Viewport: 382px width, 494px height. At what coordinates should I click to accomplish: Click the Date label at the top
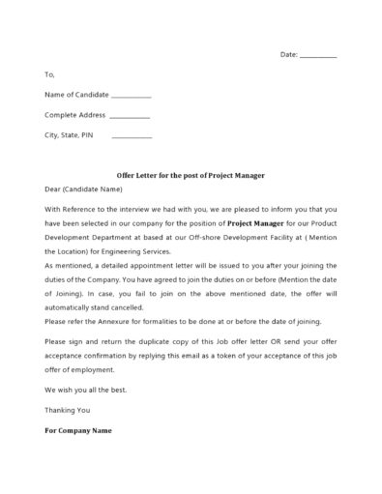pos(289,55)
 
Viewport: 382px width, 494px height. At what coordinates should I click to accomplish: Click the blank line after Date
pos(319,57)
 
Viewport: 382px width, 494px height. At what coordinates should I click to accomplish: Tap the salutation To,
pos(50,74)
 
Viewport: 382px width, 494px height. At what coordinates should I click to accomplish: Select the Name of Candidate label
pos(76,95)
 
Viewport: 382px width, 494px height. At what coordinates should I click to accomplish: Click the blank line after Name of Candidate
pos(131,97)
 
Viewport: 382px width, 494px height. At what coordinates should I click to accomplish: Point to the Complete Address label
pos(74,115)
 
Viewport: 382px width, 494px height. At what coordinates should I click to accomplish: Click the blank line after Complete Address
pos(130,117)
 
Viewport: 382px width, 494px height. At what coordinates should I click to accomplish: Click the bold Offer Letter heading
pos(191,176)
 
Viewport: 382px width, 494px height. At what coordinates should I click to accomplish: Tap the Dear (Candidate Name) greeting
pos(80,189)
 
